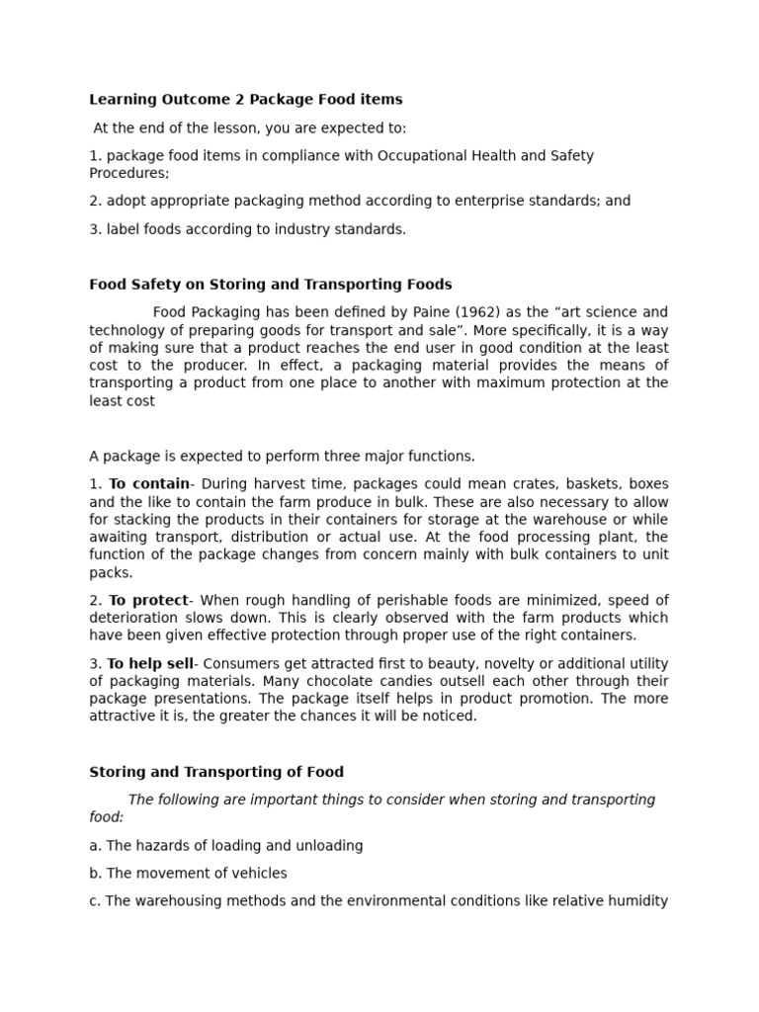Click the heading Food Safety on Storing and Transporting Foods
pos(270,285)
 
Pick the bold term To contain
pos(148,484)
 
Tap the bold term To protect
pos(147,601)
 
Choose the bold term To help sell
pos(149,664)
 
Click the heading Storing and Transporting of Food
pos(216,772)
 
